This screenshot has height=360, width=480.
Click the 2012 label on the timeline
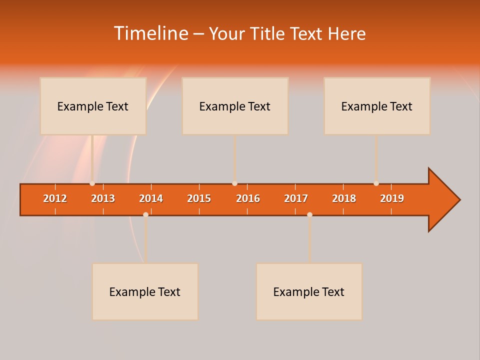point(55,198)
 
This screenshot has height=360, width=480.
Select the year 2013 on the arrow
point(103,198)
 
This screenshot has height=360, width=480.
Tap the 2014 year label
point(151,198)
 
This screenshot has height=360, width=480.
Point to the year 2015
point(199,198)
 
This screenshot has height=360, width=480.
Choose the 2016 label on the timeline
point(248,198)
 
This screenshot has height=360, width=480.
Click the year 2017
point(296,198)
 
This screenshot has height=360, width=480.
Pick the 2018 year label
point(344,198)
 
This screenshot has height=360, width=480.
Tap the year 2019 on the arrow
point(392,198)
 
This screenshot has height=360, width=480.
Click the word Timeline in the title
point(150,33)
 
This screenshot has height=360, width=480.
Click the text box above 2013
point(93,106)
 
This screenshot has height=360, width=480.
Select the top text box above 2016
point(235,106)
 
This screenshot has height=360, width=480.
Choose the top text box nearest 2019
point(377,106)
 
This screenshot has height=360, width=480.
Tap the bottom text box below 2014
point(145,291)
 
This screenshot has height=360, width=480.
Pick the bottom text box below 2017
point(309,291)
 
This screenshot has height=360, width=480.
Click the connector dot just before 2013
point(92,183)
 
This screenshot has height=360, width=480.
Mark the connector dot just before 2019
point(376,183)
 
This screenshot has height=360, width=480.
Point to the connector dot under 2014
point(145,214)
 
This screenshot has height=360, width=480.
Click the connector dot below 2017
point(309,214)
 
